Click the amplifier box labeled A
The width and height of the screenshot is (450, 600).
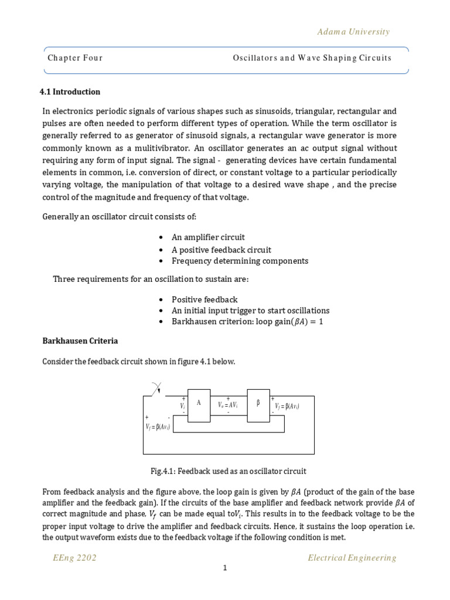tap(199, 405)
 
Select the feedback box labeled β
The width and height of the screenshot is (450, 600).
tap(258, 405)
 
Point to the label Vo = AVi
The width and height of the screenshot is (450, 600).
tap(229, 405)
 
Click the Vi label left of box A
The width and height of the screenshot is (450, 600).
tap(183, 405)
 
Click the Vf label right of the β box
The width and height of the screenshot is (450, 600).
tap(287, 406)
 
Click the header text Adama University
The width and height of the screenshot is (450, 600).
tap(353, 32)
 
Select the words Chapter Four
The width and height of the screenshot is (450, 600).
tap(75, 58)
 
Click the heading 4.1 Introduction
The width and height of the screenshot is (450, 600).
tap(70, 91)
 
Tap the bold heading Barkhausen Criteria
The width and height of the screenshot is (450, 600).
tap(80, 340)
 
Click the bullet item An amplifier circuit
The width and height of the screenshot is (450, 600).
tap(208, 237)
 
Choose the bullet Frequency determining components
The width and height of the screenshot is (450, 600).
tap(240, 261)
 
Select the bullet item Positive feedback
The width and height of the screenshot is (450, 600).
tap(204, 299)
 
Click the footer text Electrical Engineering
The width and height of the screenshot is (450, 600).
tap(352, 558)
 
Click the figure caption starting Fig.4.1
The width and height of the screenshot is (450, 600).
tap(229, 471)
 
